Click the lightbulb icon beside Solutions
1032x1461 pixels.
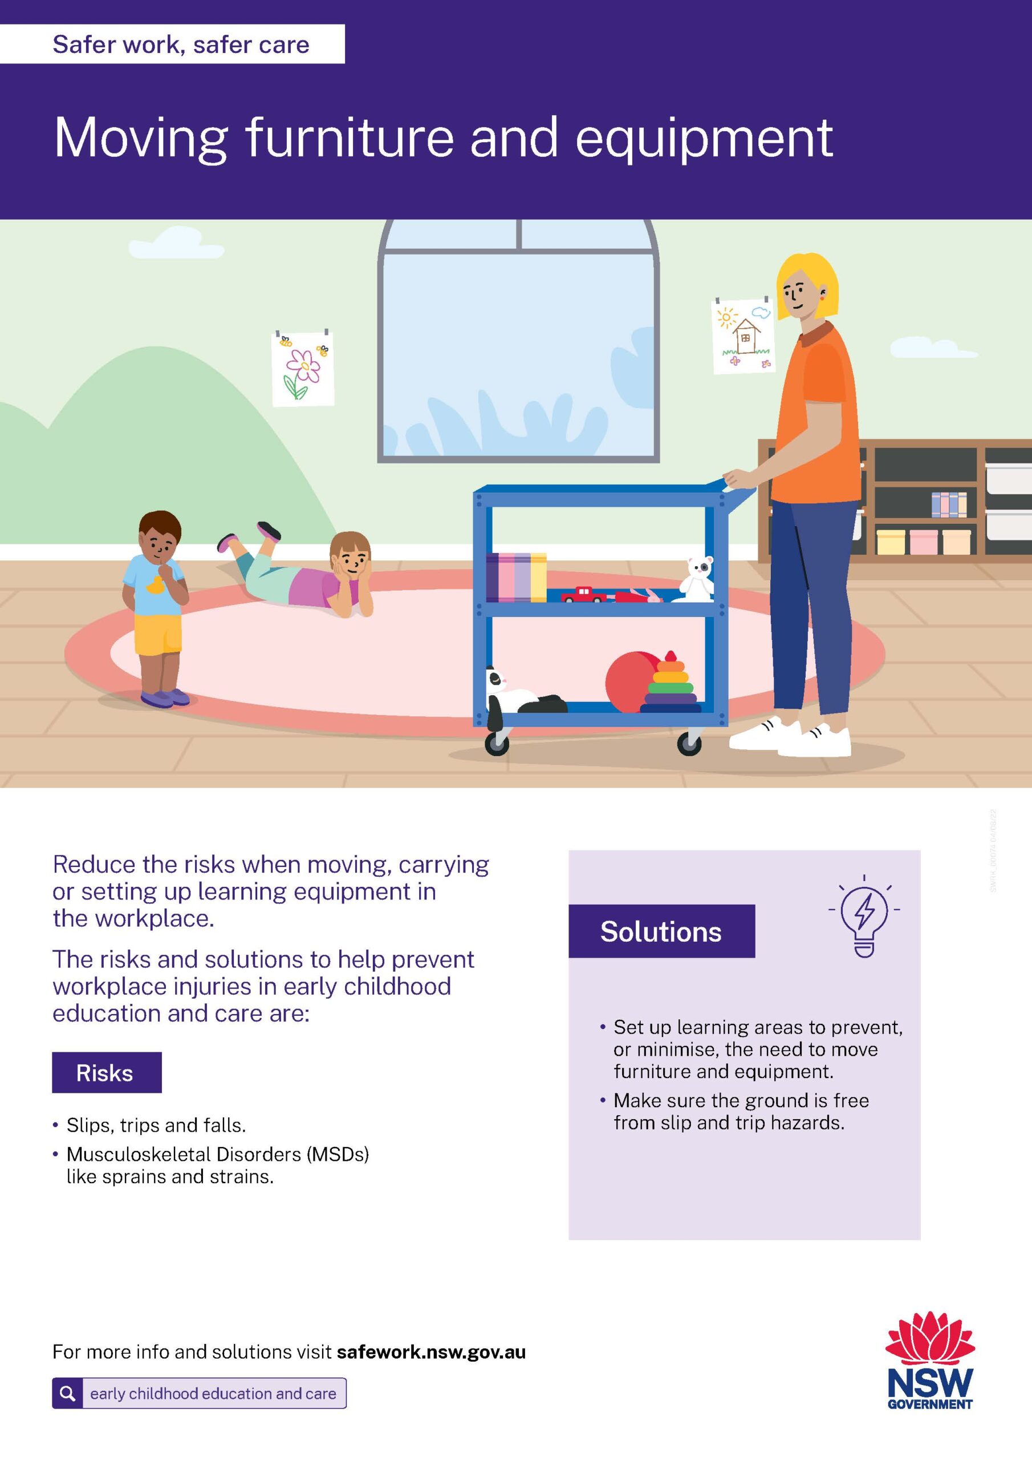864,917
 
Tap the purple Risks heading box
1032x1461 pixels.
107,1072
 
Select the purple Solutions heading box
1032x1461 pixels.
661,931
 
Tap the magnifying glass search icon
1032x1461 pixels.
67,1394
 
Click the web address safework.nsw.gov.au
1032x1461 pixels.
431,1351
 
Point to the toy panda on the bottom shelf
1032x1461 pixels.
524,697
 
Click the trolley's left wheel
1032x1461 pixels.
497,742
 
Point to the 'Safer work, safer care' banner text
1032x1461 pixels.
181,45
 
